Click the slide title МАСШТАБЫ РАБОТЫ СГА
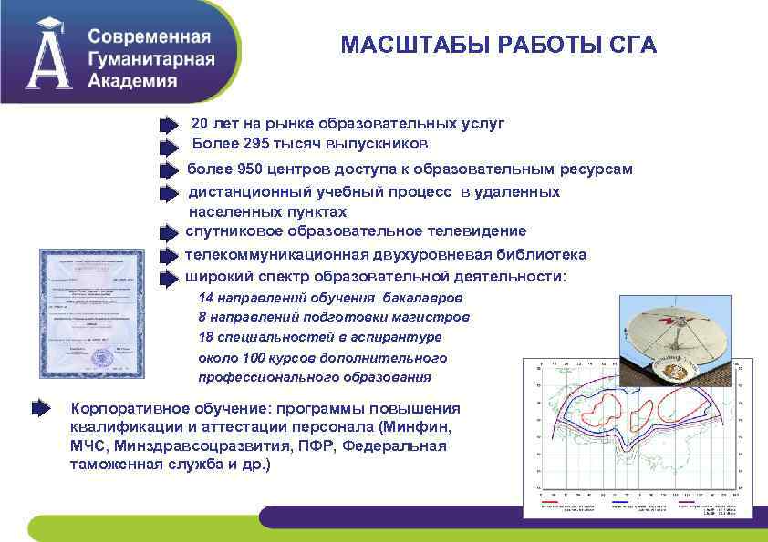pyautogui.click(x=498, y=46)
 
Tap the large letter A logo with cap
pyautogui.click(x=48, y=55)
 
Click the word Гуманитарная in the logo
pyautogui.click(x=151, y=59)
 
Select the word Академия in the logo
pyautogui.click(x=133, y=80)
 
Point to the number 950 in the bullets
pyautogui.click(x=253, y=169)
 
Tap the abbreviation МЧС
pyautogui.click(x=88, y=446)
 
